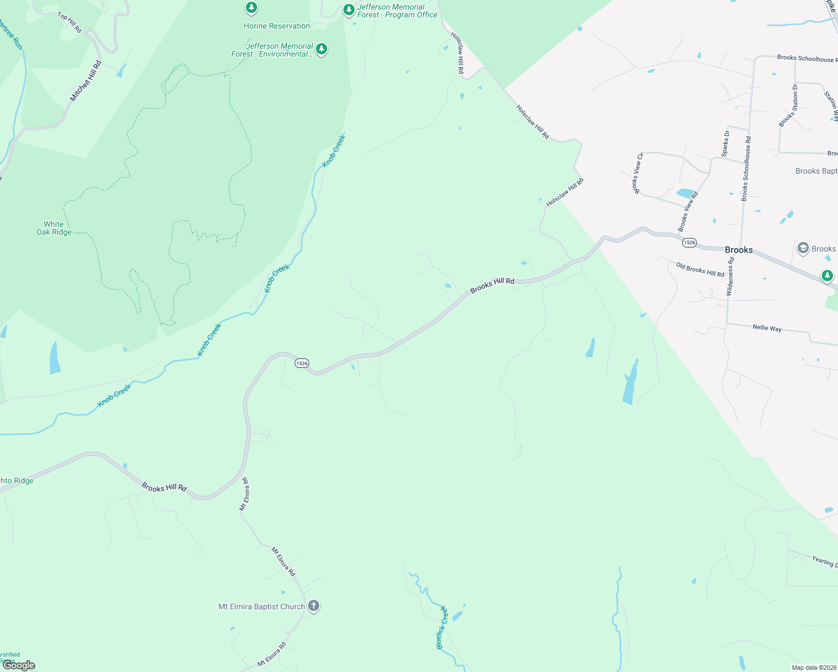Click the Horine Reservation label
[277, 26]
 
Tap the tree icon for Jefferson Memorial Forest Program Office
[349, 10]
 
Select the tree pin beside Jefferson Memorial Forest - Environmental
[321, 49]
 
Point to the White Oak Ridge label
[54, 228]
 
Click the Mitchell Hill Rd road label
[86, 81]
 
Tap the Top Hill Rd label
[70, 23]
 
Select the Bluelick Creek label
[443, 627]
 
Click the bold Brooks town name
[739, 250]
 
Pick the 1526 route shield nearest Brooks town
[689, 242]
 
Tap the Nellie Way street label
[767, 328]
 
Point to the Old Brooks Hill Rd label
[700, 269]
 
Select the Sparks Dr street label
[725, 143]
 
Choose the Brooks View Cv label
[638, 173]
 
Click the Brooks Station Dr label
[788, 105]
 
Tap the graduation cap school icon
[803, 248]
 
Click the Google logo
[19, 665]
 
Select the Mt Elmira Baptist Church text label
[262, 606]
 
